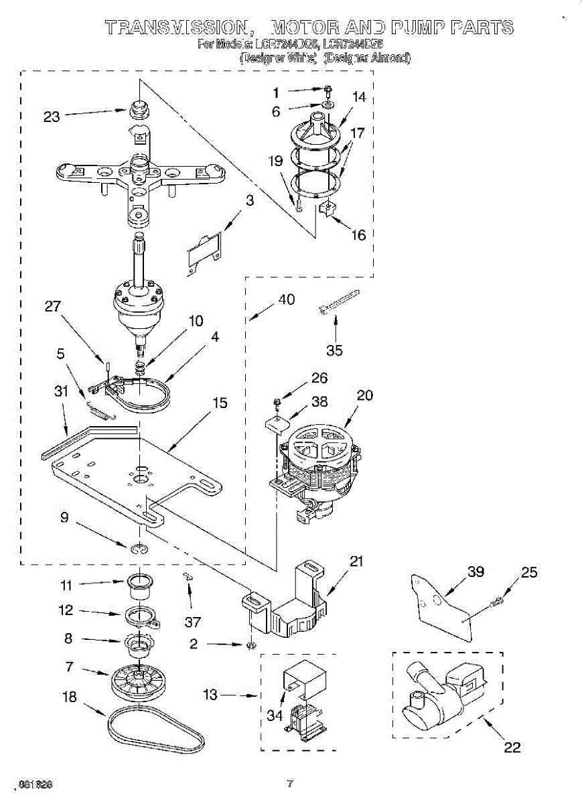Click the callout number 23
[x=52, y=117]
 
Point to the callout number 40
[x=286, y=299]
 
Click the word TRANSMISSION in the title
[x=177, y=27]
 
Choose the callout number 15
[x=220, y=403]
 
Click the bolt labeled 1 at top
[x=328, y=89]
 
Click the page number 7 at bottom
[x=290, y=783]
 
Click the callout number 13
[x=210, y=695]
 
